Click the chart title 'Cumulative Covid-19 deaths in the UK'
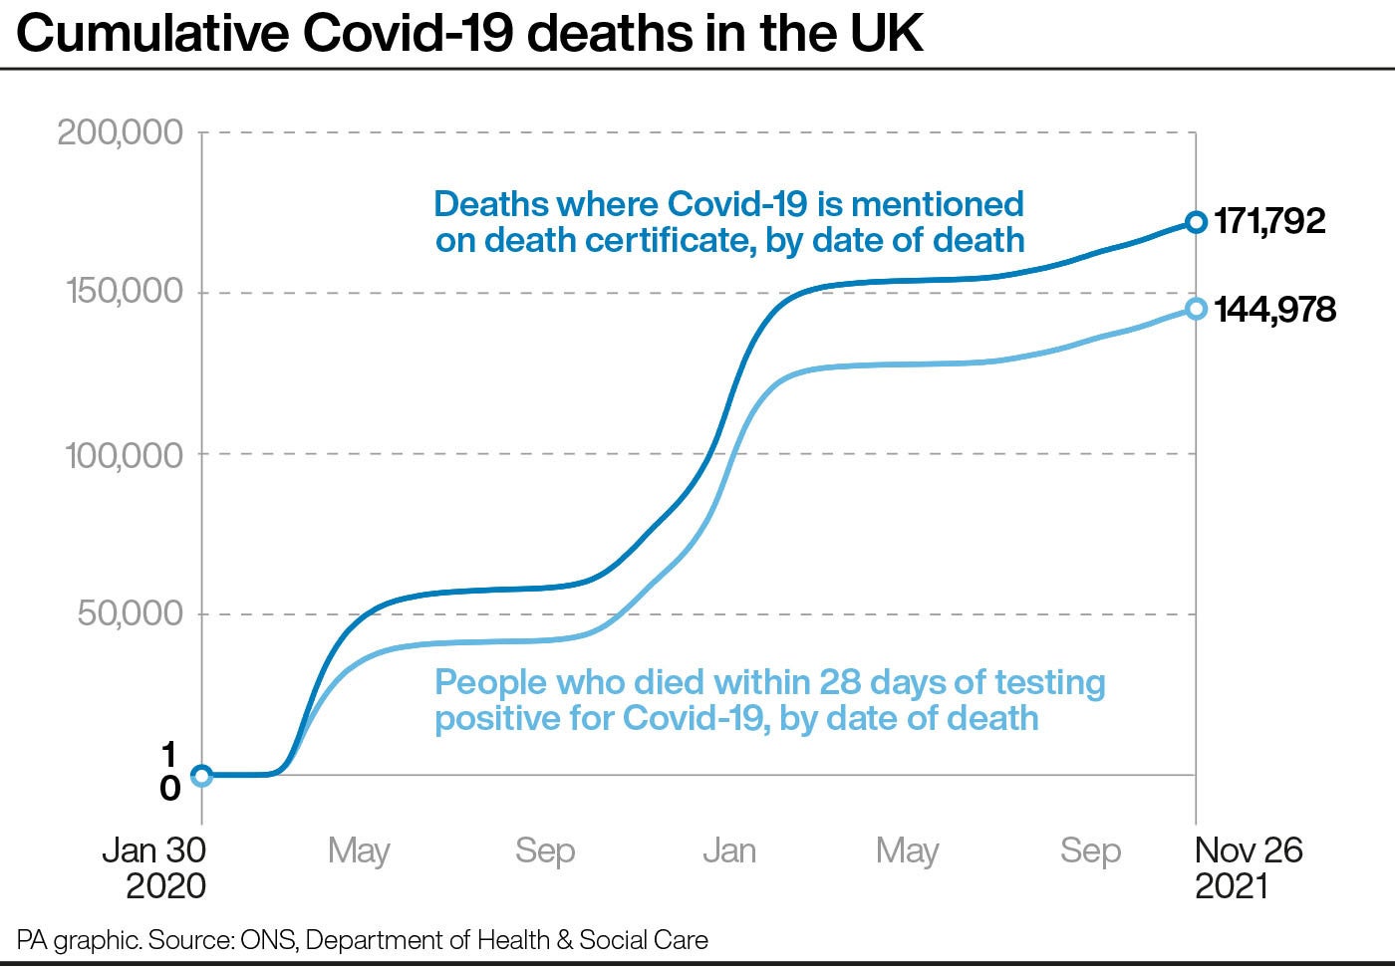[x=469, y=33]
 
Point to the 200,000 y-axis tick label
[x=121, y=131]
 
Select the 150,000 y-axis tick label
[x=125, y=292]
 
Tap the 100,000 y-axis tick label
[x=125, y=455]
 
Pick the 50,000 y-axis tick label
[x=131, y=613]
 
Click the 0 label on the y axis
[x=170, y=789]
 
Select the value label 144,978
[x=1274, y=310]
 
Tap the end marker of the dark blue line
[x=1196, y=222]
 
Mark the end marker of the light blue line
[x=1196, y=309]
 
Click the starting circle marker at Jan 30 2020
[x=201, y=775]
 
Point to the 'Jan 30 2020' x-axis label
[x=154, y=867]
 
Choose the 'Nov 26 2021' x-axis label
[x=1248, y=867]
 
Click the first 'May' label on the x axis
[x=359, y=851]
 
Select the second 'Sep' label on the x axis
[x=1090, y=850]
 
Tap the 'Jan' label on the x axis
[x=729, y=850]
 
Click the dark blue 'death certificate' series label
[x=729, y=222]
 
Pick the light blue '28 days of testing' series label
[x=769, y=700]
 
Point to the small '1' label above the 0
[x=169, y=754]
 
